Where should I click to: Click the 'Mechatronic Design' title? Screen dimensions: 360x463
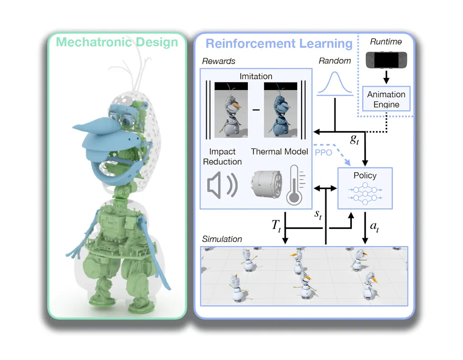[x=117, y=43]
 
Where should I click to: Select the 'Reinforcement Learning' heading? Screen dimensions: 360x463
[x=279, y=43]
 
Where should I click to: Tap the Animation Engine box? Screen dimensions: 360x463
[x=386, y=99]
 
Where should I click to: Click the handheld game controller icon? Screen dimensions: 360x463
[x=386, y=59]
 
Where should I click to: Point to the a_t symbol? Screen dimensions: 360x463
[x=374, y=227]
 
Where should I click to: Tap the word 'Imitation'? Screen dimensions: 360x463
[x=256, y=76]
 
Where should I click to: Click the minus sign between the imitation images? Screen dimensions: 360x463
[x=256, y=110]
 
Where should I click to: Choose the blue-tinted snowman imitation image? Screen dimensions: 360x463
[x=280, y=110]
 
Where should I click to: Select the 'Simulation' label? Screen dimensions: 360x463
[x=222, y=239]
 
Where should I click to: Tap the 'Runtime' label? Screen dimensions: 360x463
[x=386, y=42]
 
